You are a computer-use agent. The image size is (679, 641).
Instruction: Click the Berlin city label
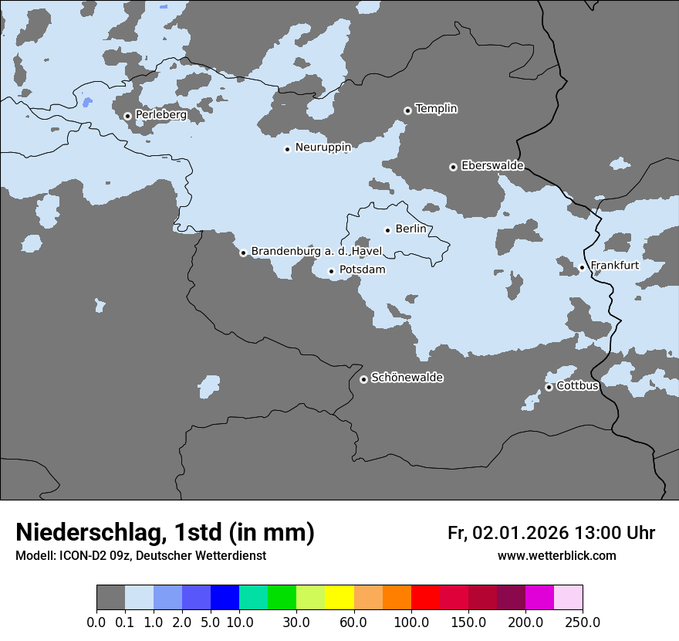pos(410,229)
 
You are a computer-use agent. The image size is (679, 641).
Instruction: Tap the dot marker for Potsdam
pos(331,271)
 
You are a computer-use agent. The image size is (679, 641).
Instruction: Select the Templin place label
pos(436,109)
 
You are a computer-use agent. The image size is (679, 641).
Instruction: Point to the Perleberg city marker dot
pos(127,117)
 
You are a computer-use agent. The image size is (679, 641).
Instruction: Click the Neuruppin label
pos(323,148)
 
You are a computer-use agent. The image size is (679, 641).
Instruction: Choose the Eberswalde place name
pos(492,166)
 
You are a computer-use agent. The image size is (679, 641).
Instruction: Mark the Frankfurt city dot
pos(582,267)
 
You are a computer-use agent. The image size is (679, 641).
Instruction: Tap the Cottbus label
pos(577,385)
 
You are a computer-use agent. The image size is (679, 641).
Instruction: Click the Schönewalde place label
pos(407,378)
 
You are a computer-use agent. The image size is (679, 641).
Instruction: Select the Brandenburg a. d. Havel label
pos(316,252)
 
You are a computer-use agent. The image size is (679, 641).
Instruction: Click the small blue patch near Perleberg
pos(86,102)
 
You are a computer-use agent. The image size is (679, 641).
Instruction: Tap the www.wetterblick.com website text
pos(556,556)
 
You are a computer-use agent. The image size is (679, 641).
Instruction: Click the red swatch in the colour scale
pos(425,598)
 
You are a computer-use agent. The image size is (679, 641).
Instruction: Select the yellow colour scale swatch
pos(339,598)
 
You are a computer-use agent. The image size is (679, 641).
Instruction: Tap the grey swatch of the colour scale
pos(110,598)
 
